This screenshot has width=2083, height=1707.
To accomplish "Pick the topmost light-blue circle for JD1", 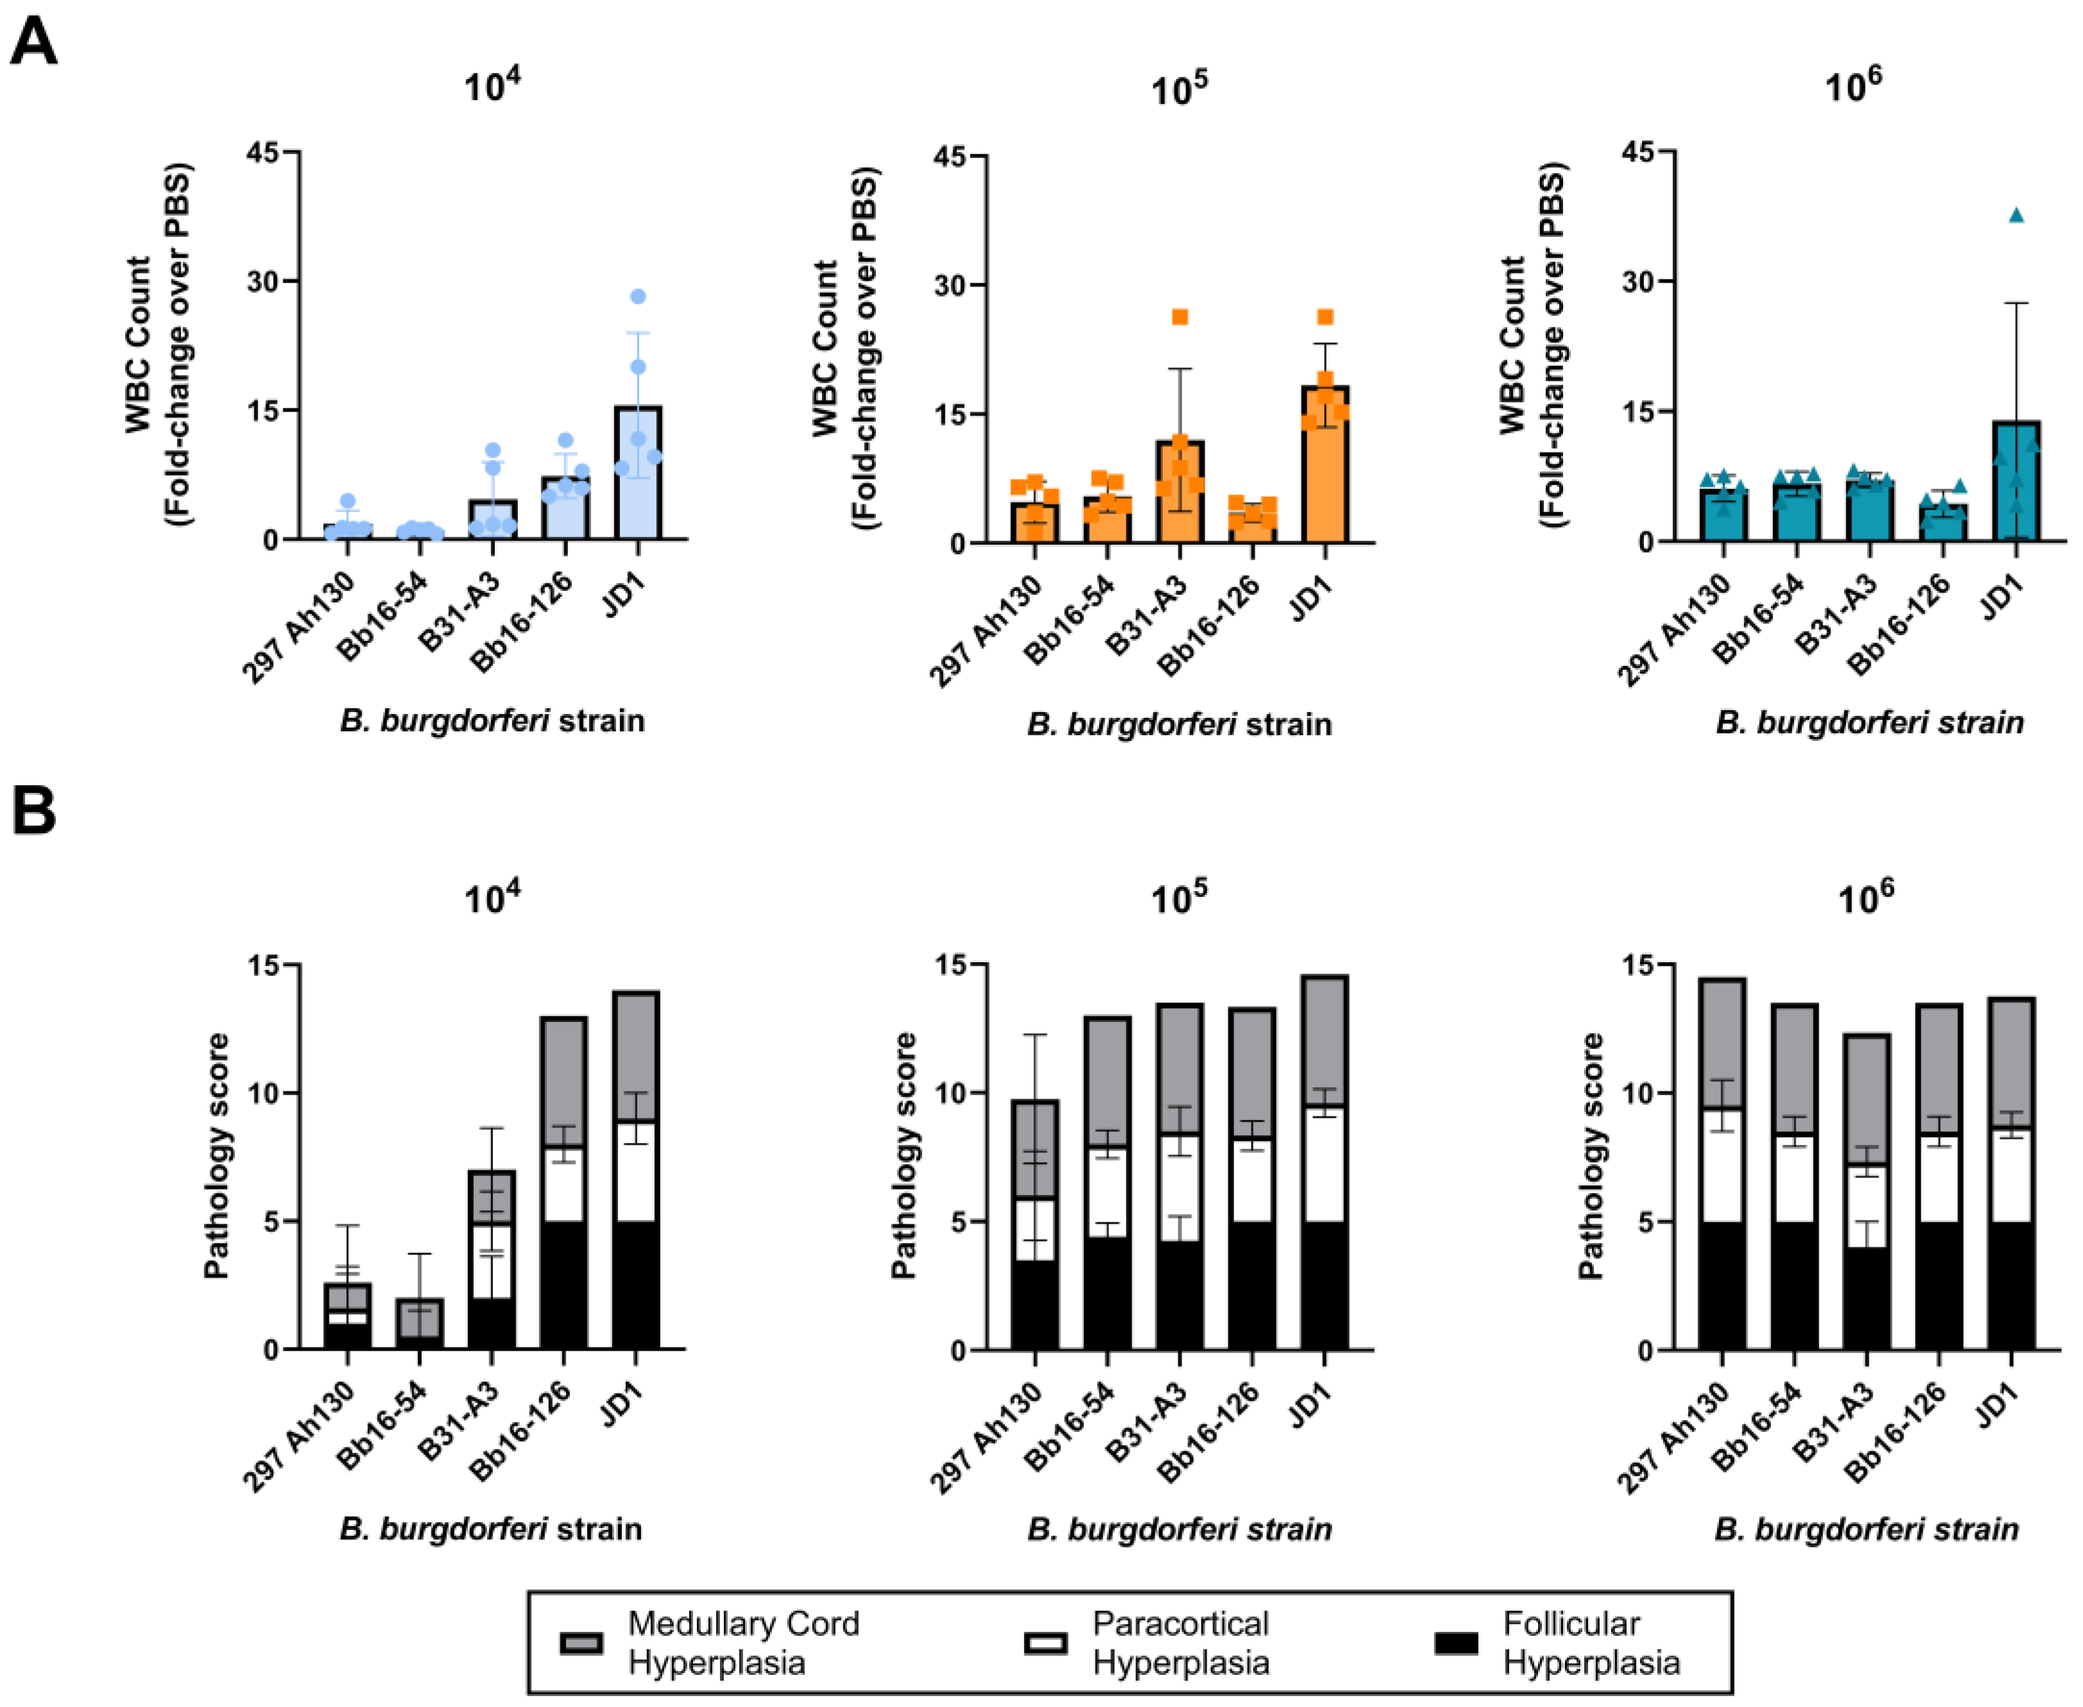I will [637, 297].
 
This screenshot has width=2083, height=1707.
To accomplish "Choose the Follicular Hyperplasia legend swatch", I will [1455, 1643].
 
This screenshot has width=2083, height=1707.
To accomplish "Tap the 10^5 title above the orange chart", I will [1179, 90].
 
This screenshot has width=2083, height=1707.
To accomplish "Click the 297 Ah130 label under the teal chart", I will [1672, 629].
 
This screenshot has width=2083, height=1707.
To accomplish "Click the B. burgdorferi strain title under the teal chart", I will [1869, 722].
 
